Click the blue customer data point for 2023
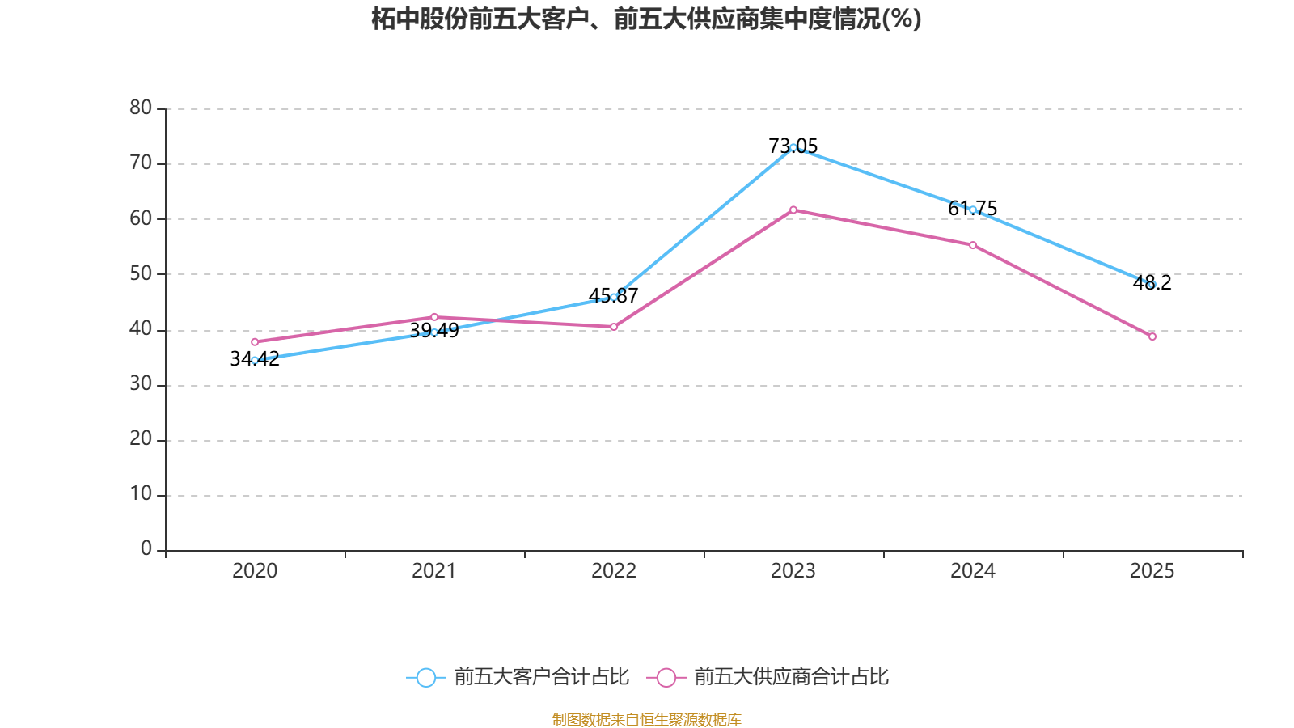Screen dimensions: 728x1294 click(793, 147)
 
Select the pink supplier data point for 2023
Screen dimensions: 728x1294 click(793, 210)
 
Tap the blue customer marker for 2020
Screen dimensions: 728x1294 click(255, 360)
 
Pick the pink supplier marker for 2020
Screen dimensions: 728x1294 click(255, 342)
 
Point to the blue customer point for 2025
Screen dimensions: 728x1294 click(1152, 285)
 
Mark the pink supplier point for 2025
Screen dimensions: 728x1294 click(1152, 336)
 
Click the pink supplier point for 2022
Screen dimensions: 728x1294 click(614, 327)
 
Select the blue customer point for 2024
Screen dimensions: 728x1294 click(973, 210)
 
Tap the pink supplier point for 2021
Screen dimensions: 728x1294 click(434, 317)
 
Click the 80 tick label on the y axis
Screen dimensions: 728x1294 click(141, 108)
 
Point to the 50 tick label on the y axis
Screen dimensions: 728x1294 click(141, 273)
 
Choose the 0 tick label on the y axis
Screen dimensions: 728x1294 click(146, 549)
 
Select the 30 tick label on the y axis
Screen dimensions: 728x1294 click(141, 384)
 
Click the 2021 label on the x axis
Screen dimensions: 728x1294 click(434, 571)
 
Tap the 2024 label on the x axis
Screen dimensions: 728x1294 click(973, 571)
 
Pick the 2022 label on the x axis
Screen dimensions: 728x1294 click(614, 571)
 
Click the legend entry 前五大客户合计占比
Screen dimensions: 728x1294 click(518, 677)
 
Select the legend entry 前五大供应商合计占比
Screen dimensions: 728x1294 click(768, 677)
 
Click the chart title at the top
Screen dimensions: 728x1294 click(646, 19)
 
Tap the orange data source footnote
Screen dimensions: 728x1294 click(646, 719)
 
